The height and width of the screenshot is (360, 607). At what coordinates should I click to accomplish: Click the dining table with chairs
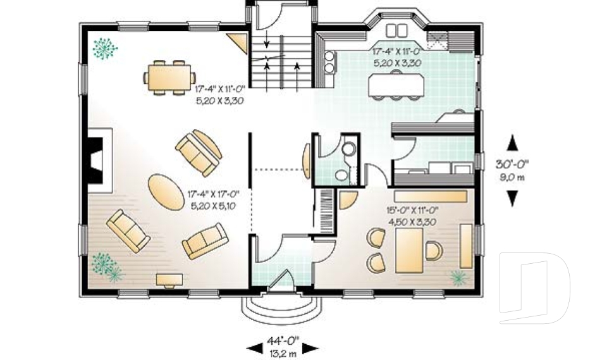pos(169,78)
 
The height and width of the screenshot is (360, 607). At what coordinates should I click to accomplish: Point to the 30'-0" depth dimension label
pos(512,164)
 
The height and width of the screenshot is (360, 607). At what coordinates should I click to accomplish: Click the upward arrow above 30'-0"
pos(512,142)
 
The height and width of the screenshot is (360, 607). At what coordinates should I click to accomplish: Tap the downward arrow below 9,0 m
pos(512,199)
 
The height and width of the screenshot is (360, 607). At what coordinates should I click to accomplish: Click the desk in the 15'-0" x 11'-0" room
pos(409,249)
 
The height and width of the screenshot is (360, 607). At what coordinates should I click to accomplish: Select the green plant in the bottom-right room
pos(458,276)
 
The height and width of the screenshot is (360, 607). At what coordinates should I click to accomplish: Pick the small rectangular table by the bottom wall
pos(169,279)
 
